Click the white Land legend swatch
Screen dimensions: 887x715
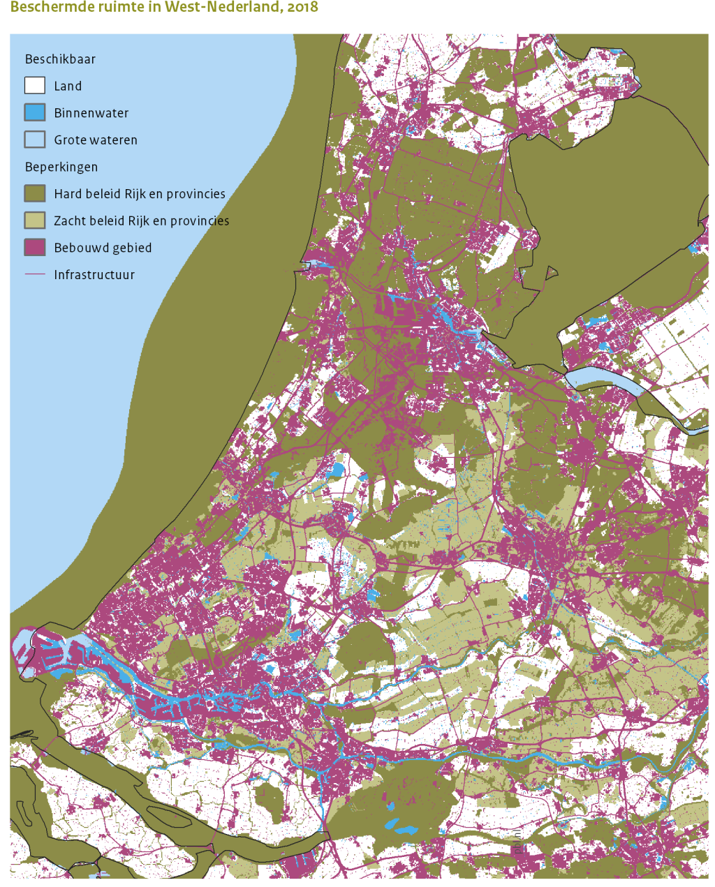[35, 86]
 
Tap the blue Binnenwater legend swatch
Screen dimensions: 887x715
[35, 112]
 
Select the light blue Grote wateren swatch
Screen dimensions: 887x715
[35, 140]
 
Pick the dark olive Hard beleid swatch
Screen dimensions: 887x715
[35, 193]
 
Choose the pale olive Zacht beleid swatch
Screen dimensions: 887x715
[35, 221]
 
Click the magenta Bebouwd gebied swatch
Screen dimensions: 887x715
[35, 247]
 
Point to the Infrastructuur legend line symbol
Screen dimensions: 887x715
[35, 274]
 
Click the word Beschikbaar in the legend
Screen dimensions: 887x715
[60, 59]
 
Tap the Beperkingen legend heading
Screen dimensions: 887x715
[61, 167]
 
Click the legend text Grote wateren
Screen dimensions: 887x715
[96, 140]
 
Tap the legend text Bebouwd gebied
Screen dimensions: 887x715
[103, 248]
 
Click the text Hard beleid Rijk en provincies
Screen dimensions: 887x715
[140, 194]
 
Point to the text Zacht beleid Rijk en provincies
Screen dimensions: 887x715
[142, 221]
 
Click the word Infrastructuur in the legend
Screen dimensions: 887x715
[94, 274]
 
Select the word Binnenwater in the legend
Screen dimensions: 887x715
[91, 113]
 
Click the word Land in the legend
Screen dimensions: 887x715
[68, 86]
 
